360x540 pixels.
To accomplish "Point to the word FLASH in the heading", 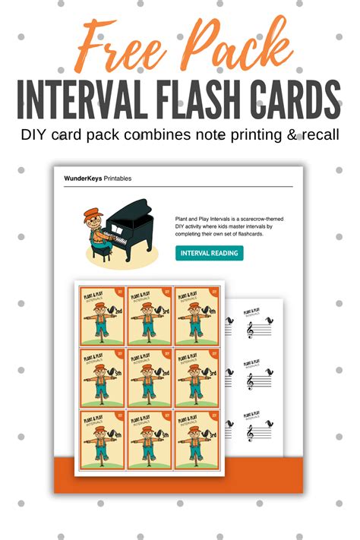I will point(210,99).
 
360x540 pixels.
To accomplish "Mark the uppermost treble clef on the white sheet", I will point(251,328).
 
